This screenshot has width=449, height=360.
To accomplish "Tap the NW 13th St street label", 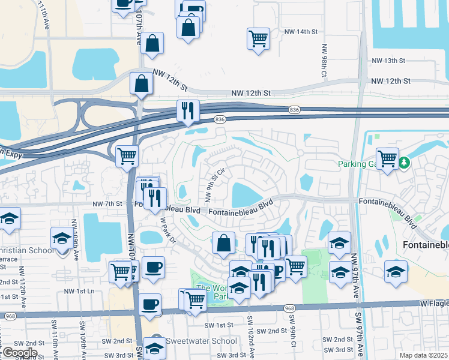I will click(389, 61).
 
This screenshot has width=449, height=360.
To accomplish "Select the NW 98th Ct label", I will click(324, 59).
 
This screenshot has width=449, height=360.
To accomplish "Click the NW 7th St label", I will click(107, 205).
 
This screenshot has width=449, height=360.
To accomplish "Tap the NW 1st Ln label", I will click(80, 291).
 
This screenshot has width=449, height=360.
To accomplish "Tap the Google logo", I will click(19, 353).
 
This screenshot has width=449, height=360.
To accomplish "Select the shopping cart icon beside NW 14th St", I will click(258, 38).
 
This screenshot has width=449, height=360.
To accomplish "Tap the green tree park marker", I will click(405, 162).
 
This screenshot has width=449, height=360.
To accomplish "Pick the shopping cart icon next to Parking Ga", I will click(388, 158).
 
